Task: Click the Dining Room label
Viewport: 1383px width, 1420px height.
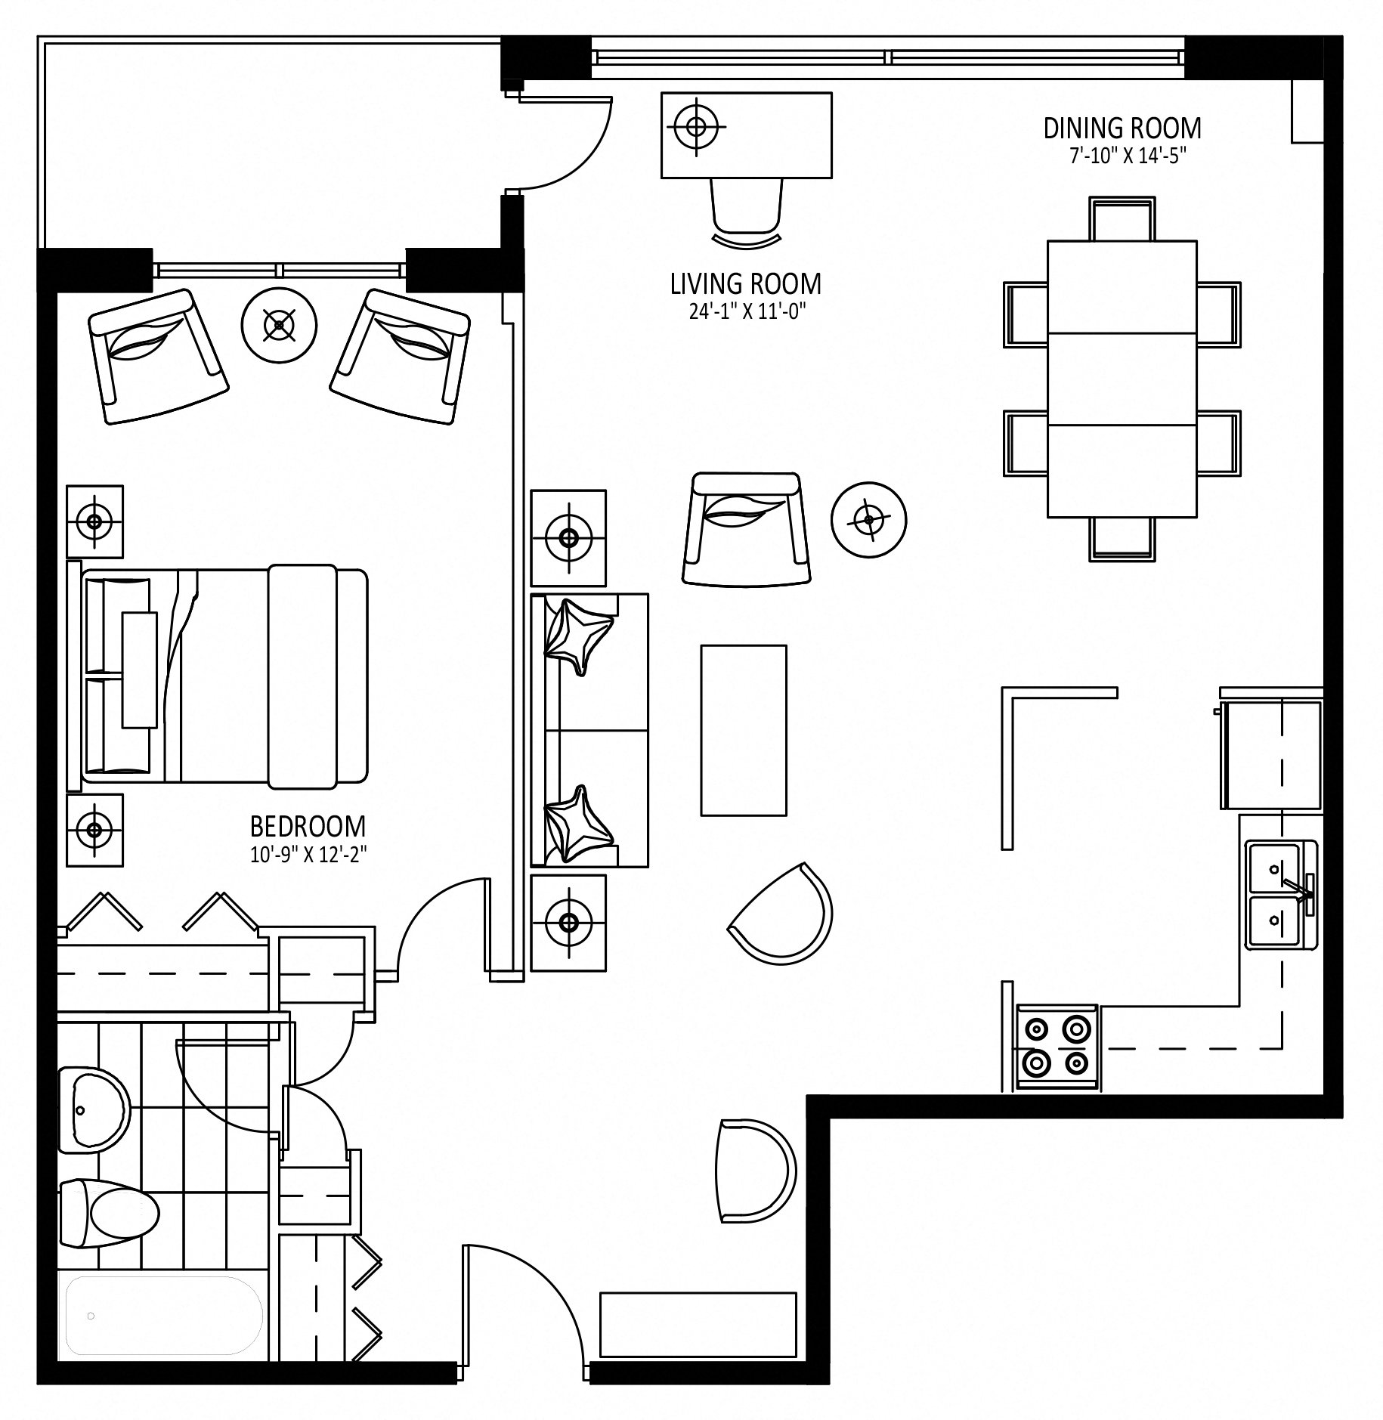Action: point(1122,128)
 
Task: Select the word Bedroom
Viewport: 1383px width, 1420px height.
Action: point(308,826)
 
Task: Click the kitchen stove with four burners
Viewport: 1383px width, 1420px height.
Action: point(1057,1047)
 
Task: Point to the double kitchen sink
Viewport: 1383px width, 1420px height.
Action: point(1282,894)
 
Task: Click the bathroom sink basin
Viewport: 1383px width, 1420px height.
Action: point(94,1111)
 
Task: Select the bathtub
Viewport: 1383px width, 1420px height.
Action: point(162,1316)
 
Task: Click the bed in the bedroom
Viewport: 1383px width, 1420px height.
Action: point(218,673)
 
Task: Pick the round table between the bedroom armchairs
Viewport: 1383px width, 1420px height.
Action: point(279,325)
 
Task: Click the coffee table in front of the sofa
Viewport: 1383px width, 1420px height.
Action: point(744,730)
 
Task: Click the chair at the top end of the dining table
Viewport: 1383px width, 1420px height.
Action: point(1122,219)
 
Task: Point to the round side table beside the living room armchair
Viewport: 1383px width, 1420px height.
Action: point(868,519)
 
